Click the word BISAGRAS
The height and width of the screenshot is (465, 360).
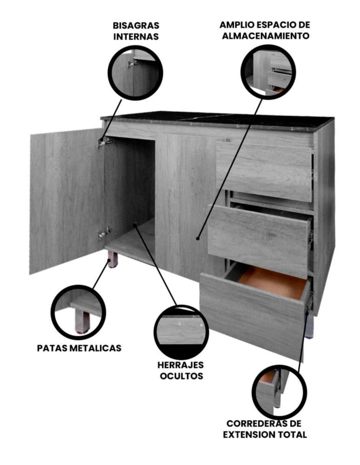pyautogui.click(x=136, y=26)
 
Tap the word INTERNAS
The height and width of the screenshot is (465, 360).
pyautogui.click(x=136, y=37)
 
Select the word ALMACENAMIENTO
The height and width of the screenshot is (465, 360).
pyautogui.click(x=266, y=36)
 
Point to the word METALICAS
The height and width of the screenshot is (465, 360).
pyautogui.click(x=95, y=348)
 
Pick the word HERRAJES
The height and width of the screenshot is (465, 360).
pyautogui.click(x=180, y=365)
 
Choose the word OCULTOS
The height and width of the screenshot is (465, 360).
pyautogui.click(x=181, y=376)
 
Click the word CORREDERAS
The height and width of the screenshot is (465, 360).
pyautogui.click(x=254, y=423)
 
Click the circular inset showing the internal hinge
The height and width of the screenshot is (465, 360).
pyautogui.click(x=135, y=73)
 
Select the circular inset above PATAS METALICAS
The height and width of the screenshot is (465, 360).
pyautogui.click(x=79, y=312)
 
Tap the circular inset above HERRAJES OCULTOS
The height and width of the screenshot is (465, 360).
pyautogui.click(x=181, y=332)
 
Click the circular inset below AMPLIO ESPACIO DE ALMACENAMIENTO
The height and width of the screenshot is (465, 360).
pyautogui.click(x=268, y=71)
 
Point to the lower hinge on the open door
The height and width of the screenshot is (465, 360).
pyautogui.click(x=104, y=233)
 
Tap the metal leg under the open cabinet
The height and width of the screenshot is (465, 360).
pyautogui.click(x=113, y=259)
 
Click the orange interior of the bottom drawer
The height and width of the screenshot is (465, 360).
pyautogui.click(x=272, y=282)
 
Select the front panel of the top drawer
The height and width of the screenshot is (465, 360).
pyautogui.click(x=264, y=172)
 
